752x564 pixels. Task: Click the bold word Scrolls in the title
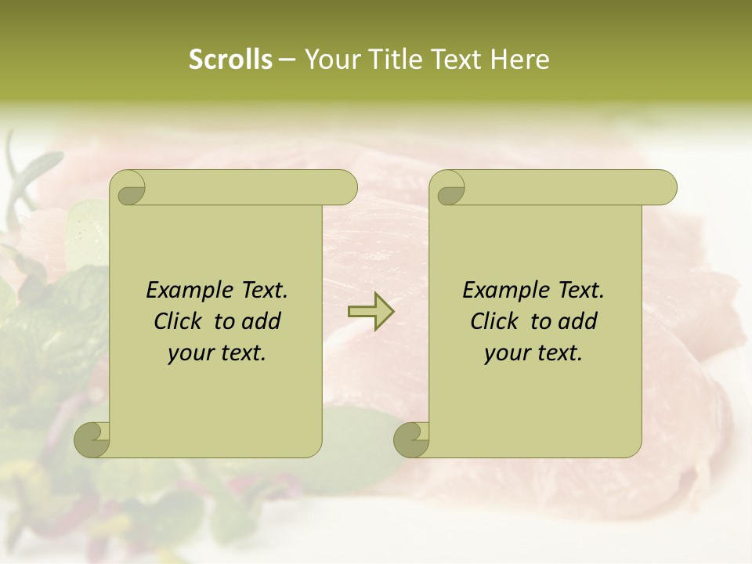[230, 60]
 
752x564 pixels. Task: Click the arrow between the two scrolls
[371, 312]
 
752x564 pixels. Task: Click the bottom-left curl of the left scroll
[92, 439]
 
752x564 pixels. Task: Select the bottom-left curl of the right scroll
[412, 439]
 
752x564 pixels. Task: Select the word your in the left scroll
[189, 353]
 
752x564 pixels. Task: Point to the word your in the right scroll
[505, 353]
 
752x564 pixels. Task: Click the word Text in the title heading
[457, 60]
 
